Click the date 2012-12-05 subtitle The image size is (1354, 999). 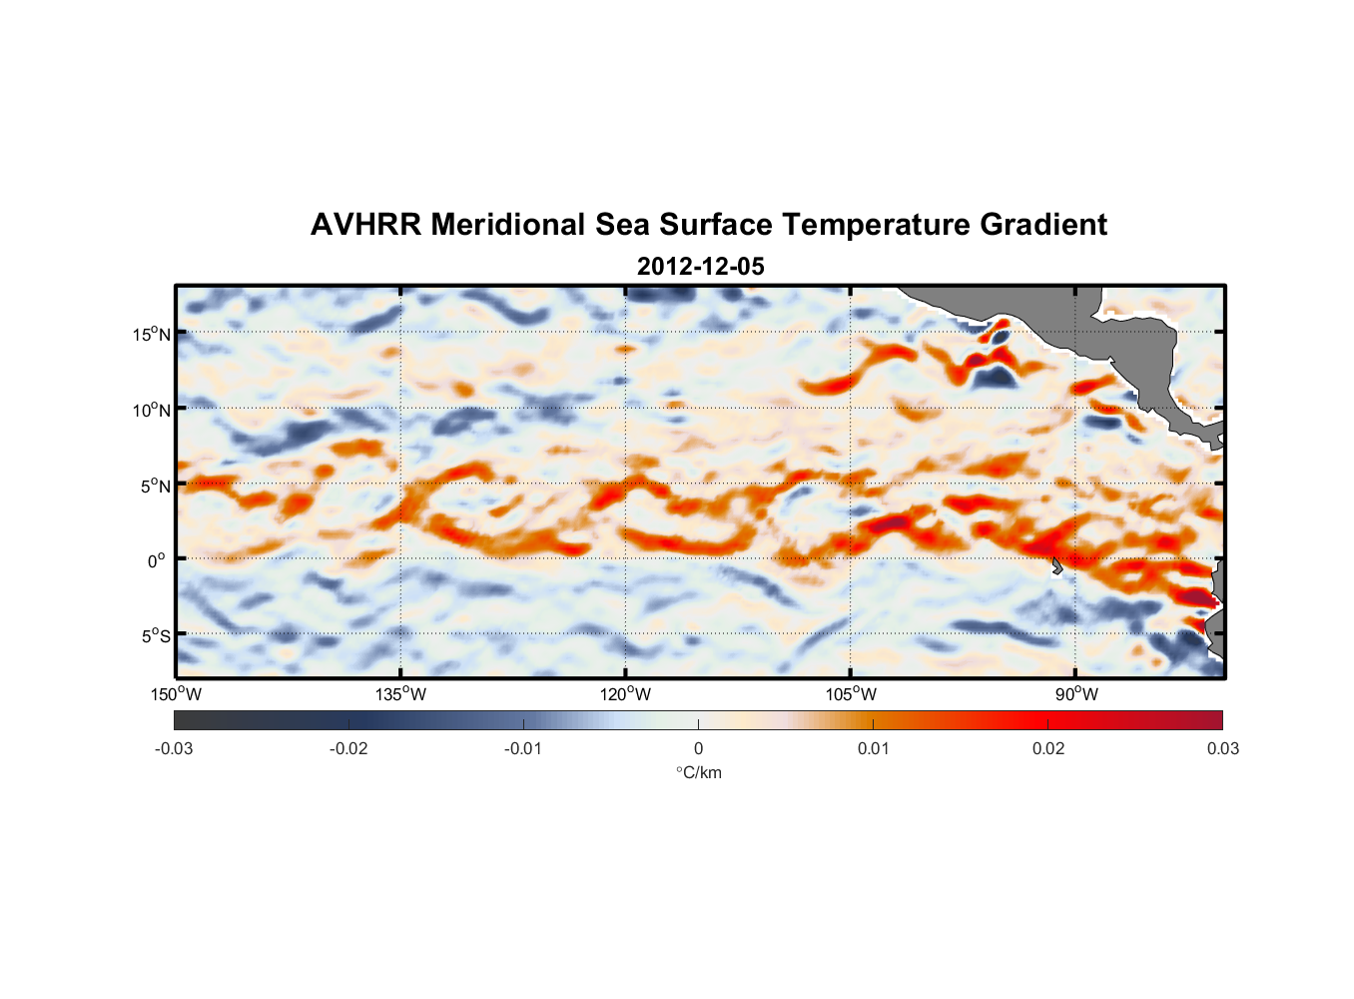pyautogui.click(x=701, y=267)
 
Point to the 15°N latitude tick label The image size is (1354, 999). pyautogui.click(x=152, y=334)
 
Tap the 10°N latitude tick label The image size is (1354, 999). pyautogui.click(x=152, y=410)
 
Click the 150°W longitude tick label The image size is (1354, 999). pyautogui.click(x=177, y=694)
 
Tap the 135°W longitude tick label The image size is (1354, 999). pyautogui.click(x=401, y=694)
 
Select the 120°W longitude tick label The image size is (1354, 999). pyautogui.click(x=626, y=694)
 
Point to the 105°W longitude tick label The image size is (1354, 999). pyautogui.click(x=851, y=694)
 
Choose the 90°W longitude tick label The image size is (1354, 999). pyautogui.click(x=1076, y=694)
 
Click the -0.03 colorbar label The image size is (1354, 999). pyautogui.click(x=174, y=748)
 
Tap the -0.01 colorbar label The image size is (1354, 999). pyautogui.click(x=523, y=748)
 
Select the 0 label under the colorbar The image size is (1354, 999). pyautogui.click(x=698, y=748)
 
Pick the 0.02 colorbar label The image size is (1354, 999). pyautogui.click(x=1048, y=748)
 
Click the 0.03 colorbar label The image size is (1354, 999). pyautogui.click(x=1222, y=748)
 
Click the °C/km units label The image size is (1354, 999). pyautogui.click(x=699, y=772)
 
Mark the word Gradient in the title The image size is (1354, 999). pyautogui.click(x=1043, y=225)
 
